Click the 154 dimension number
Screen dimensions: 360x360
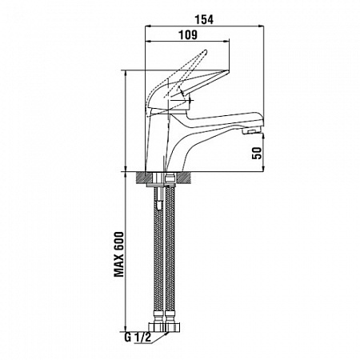pos(204,19)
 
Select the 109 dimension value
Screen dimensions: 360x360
pos(188,35)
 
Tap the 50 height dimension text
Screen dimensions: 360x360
pos(257,153)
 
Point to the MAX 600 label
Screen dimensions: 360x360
pos(119,254)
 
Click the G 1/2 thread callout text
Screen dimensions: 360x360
pos(138,338)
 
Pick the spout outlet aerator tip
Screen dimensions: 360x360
pos(251,131)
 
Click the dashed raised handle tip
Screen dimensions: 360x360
pos(205,52)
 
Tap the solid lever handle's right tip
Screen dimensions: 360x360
pos(228,71)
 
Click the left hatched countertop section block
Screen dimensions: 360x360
pos(144,178)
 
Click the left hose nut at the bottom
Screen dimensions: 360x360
pos(157,327)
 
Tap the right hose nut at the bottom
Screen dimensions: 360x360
pos(173,327)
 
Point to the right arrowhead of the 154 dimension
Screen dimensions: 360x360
pos(261,26)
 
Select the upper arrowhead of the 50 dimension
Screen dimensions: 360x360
pos(263,137)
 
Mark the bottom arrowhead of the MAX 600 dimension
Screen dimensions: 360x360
pos(126,328)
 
